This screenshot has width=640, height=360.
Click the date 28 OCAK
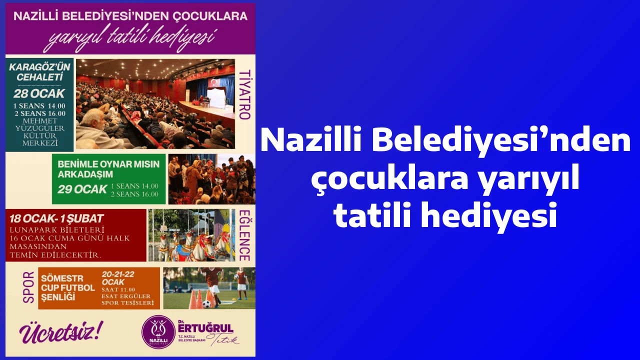pos(39,93)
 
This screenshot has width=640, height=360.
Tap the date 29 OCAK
pos(82,189)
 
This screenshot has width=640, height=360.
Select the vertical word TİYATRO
pos(244,94)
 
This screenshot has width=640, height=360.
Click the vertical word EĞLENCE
pos(244,235)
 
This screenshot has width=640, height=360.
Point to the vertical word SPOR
pos(28,287)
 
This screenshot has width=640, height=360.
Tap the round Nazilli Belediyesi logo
pos(158,331)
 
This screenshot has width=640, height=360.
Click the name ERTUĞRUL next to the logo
pos(205,328)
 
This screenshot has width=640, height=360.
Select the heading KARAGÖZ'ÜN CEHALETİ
pos(39,72)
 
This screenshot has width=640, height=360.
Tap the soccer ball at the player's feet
pos(207,304)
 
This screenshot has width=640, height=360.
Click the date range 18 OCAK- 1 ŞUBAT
pos(56,218)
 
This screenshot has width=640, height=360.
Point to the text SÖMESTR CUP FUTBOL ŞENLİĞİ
pos(68,287)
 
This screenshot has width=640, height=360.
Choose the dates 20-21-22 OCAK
pos(118,278)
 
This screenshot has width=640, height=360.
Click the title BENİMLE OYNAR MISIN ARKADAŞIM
pos(108,169)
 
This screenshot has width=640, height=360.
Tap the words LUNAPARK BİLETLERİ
pos(57,230)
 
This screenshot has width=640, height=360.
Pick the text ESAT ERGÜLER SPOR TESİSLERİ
pos(127,299)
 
